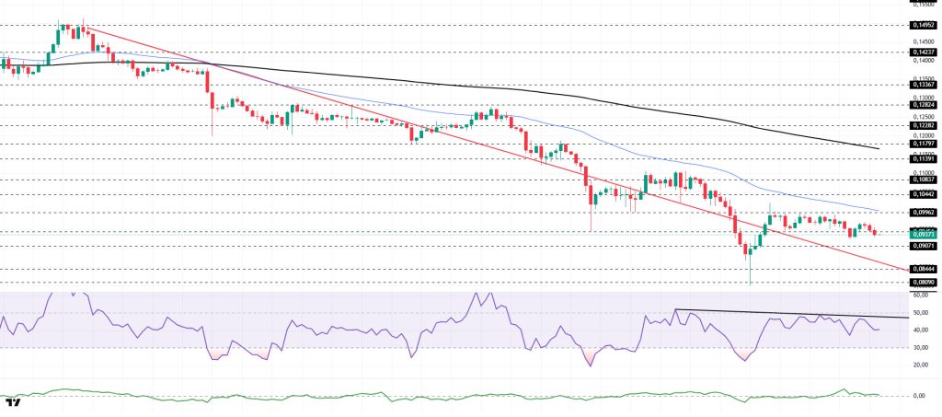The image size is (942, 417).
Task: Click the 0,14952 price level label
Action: pos(923,26)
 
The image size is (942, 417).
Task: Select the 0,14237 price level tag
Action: pos(923,52)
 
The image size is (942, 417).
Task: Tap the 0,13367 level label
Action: pos(923,84)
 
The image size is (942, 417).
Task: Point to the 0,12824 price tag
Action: pos(923,105)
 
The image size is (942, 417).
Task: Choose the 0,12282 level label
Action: pos(923,125)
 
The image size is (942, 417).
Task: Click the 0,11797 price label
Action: pos(923,144)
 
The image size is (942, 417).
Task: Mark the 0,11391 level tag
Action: pos(923,157)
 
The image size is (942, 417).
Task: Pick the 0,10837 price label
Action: pos(923,180)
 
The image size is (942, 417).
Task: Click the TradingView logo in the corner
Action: pos(14,402)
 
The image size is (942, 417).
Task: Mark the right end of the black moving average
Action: pos(879,148)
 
